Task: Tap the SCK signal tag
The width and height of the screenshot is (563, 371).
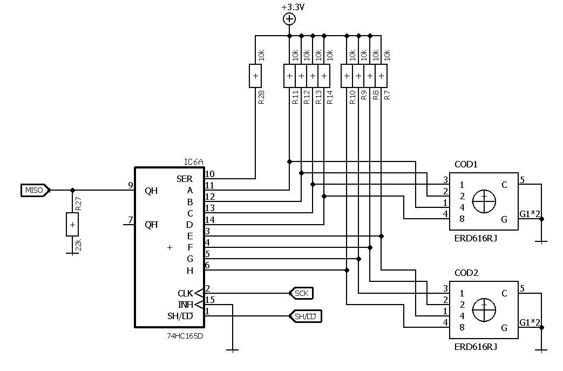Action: click(x=302, y=293)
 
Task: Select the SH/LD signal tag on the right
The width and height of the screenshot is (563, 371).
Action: click(x=306, y=316)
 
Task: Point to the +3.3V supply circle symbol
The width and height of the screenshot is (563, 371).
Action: click(x=290, y=19)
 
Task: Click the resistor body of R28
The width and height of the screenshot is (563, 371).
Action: click(x=255, y=76)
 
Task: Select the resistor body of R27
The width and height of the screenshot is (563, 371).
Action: click(x=72, y=224)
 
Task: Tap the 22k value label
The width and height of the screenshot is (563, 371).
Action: click(x=79, y=245)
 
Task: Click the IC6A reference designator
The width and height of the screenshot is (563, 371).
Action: click(x=193, y=161)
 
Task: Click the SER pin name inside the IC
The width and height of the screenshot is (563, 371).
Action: click(x=184, y=179)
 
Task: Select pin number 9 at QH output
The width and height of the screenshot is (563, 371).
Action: click(x=131, y=185)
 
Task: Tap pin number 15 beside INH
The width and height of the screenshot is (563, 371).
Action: click(x=210, y=300)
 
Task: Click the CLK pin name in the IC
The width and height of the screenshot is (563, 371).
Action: click(x=185, y=293)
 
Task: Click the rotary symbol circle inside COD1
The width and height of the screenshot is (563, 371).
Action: click(x=484, y=202)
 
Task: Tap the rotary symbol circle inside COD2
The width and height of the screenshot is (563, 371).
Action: click(x=484, y=310)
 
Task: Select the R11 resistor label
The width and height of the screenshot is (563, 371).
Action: click(x=295, y=97)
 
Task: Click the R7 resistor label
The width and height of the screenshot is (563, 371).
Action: click(x=387, y=96)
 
